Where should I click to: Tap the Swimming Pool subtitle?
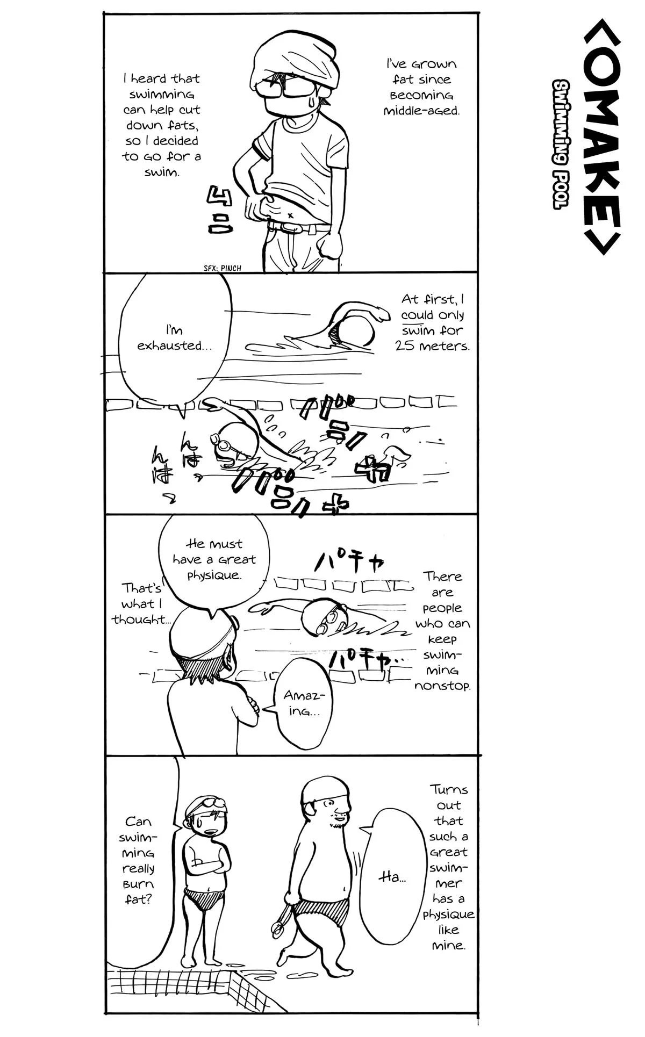point(562,145)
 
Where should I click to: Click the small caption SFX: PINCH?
point(223,268)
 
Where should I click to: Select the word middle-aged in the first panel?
point(422,111)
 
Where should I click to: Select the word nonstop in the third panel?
point(442,686)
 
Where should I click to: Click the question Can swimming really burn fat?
point(139,860)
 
